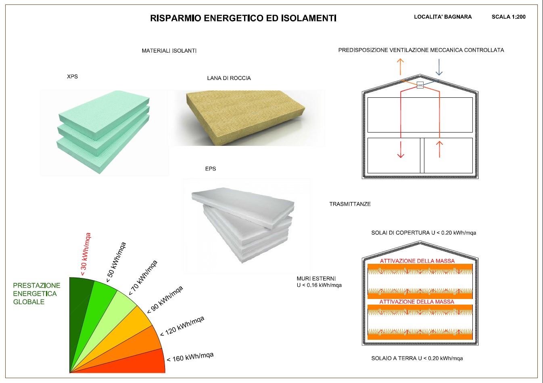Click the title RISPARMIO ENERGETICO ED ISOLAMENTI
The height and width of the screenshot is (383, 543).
[243, 18]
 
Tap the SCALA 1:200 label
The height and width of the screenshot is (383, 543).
[508, 17]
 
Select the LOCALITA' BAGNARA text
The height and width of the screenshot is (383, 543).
[443, 17]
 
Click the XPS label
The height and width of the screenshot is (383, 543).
[72, 76]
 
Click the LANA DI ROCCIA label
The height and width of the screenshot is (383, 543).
[229, 78]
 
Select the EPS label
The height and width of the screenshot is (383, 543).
[211, 168]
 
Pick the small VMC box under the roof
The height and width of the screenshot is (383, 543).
[420, 85]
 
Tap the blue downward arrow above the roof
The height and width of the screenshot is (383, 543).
[439, 67]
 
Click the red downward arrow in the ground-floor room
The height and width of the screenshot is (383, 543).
[401, 149]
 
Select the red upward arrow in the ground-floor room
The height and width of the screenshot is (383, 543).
[439, 149]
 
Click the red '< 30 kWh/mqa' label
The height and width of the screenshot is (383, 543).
[86, 255]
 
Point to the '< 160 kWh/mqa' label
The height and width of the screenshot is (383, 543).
[190, 358]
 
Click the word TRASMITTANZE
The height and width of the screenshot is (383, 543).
[350, 204]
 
